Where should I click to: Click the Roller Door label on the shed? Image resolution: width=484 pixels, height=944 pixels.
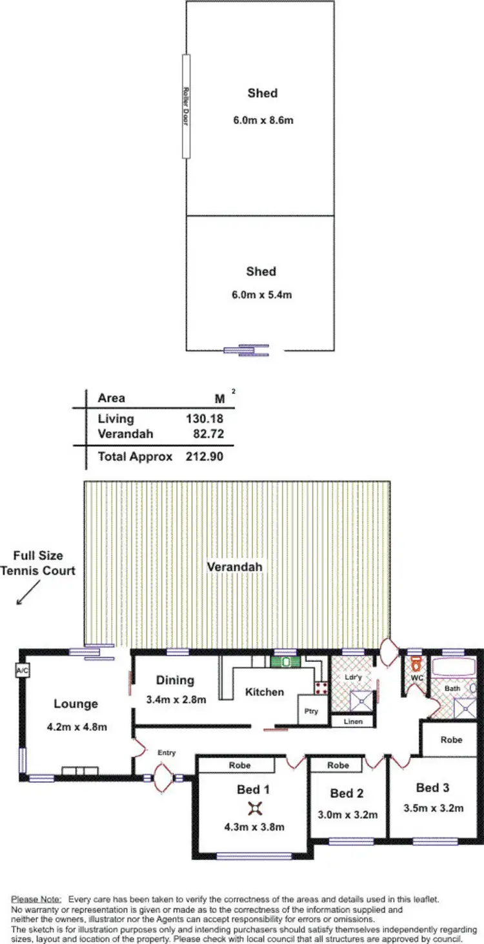185,107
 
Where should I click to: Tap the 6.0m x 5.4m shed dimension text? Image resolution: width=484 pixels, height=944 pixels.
261,294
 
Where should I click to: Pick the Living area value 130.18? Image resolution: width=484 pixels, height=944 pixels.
205,419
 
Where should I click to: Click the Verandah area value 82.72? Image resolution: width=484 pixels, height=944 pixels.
208,434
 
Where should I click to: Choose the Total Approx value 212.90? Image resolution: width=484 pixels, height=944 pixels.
205,457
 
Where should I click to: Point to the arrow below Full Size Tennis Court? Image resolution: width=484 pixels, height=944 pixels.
25,595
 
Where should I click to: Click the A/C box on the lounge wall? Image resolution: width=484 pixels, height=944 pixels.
20,671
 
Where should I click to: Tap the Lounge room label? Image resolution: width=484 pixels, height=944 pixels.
76,704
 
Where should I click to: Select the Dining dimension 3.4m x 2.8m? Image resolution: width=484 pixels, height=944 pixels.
176,699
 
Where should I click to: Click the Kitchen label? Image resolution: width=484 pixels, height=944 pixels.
265,692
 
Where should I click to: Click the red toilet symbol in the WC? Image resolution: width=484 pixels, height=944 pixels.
416,663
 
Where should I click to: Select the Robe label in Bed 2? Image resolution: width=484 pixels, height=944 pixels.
338,765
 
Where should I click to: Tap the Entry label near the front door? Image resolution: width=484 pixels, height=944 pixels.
166,753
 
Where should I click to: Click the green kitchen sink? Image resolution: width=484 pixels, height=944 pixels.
285,662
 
